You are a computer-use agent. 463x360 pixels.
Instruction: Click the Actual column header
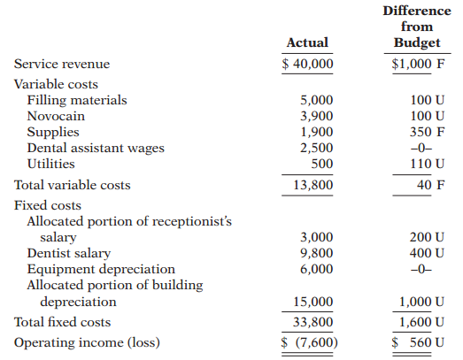[x=307, y=42]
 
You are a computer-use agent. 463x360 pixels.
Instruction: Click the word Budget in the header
[x=417, y=43]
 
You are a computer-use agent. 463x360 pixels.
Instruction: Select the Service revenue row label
[x=62, y=64]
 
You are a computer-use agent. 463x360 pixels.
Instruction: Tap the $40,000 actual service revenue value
[x=307, y=64]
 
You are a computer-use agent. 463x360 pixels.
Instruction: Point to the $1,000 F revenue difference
[x=418, y=64]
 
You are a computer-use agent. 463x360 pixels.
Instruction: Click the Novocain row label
[x=56, y=116]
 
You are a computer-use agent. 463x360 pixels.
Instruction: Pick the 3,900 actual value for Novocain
[x=317, y=116]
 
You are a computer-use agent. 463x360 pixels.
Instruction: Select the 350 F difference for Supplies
[x=427, y=132]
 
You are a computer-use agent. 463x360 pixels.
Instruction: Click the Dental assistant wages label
[x=96, y=148]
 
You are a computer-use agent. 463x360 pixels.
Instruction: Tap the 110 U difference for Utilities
[x=427, y=164]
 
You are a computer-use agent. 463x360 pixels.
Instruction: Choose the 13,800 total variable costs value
[x=313, y=185]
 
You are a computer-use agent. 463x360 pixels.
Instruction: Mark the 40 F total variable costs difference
[x=431, y=185]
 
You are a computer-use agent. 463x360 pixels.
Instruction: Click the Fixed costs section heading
[x=48, y=205]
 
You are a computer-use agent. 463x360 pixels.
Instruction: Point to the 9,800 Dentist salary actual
[x=317, y=253]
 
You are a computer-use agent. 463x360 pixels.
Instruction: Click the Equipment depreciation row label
[x=101, y=270]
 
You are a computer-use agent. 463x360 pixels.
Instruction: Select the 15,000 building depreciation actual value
[x=313, y=302]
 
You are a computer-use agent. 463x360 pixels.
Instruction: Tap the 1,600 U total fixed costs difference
[x=421, y=322]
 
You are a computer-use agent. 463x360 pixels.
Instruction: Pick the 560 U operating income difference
[x=427, y=342]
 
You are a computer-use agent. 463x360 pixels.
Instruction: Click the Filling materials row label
[x=77, y=100]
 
